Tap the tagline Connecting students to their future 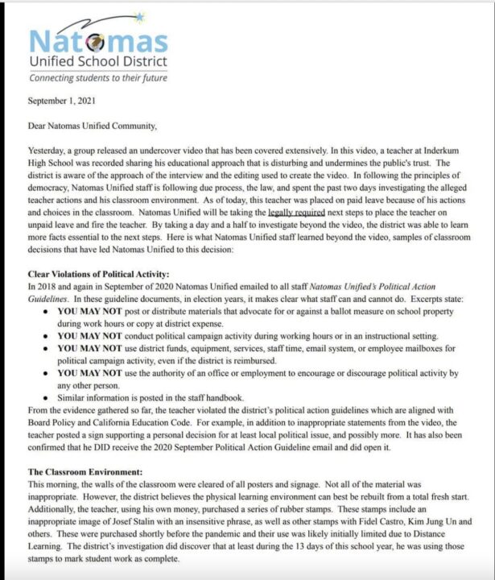[x=99, y=78]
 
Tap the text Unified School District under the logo [x=98, y=61]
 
